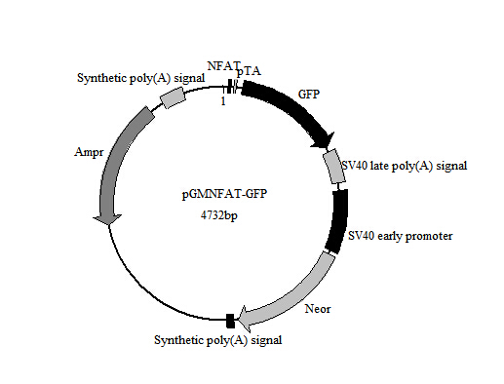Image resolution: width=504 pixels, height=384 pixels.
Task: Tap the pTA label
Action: point(249,73)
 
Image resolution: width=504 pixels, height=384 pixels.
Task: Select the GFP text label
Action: point(308,95)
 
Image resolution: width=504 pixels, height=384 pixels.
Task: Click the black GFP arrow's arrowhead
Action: point(322,142)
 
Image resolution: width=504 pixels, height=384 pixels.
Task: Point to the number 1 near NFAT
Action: point(223,99)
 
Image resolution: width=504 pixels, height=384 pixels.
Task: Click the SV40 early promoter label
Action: point(400,236)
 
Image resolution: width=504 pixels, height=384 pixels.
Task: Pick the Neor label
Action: point(318,310)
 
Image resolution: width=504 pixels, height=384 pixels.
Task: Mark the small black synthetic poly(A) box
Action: point(230,321)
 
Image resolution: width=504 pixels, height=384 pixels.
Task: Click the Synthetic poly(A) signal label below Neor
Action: point(218,339)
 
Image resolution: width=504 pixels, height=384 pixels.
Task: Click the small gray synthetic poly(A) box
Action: point(172,96)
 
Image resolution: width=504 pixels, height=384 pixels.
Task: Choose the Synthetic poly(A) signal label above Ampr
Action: point(140,76)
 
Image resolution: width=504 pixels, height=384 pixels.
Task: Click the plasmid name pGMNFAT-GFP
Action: point(224,195)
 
